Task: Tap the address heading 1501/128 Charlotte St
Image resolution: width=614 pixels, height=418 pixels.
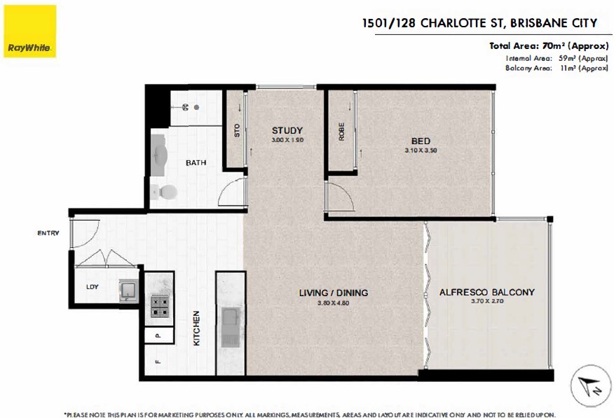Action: click(x=479, y=23)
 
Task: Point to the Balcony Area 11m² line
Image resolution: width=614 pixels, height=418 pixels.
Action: click(x=556, y=69)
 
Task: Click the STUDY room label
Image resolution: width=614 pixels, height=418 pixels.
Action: click(x=287, y=130)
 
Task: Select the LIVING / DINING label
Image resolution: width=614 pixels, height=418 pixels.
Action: click(x=333, y=293)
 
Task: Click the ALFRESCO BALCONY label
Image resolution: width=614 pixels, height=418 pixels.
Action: click(x=486, y=292)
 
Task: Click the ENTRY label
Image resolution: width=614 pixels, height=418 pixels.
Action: click(x=49, y=233)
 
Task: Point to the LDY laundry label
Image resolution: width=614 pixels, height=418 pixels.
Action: click(x=92, y=287)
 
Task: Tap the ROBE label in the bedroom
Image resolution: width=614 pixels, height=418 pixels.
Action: click(x=341, y=133)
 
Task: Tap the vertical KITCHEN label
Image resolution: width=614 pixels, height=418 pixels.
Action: click(x=197, y=328)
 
